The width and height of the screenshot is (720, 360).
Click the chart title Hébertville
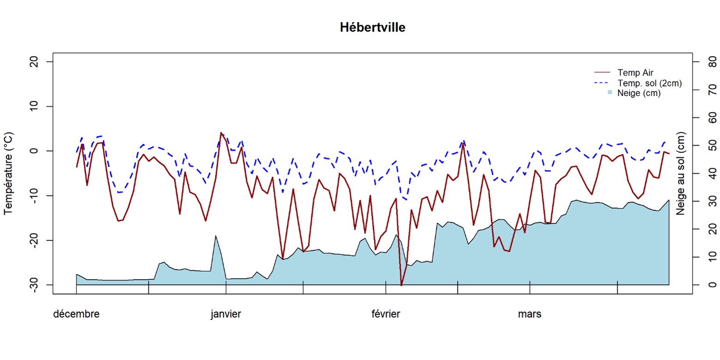[x=372, y=28]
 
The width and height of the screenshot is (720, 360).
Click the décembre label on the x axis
[x=76, y=315]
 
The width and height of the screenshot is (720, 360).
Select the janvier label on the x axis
[x=226, y=315]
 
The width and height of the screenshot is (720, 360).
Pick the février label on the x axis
[x=386, y=315]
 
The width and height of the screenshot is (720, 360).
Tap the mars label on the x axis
[x=530, y=315]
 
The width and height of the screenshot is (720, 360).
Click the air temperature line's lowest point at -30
[x=401, y=285]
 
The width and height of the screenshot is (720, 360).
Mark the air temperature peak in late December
[x=221, y=133]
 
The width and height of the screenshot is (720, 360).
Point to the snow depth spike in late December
[x=215, y=236]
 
